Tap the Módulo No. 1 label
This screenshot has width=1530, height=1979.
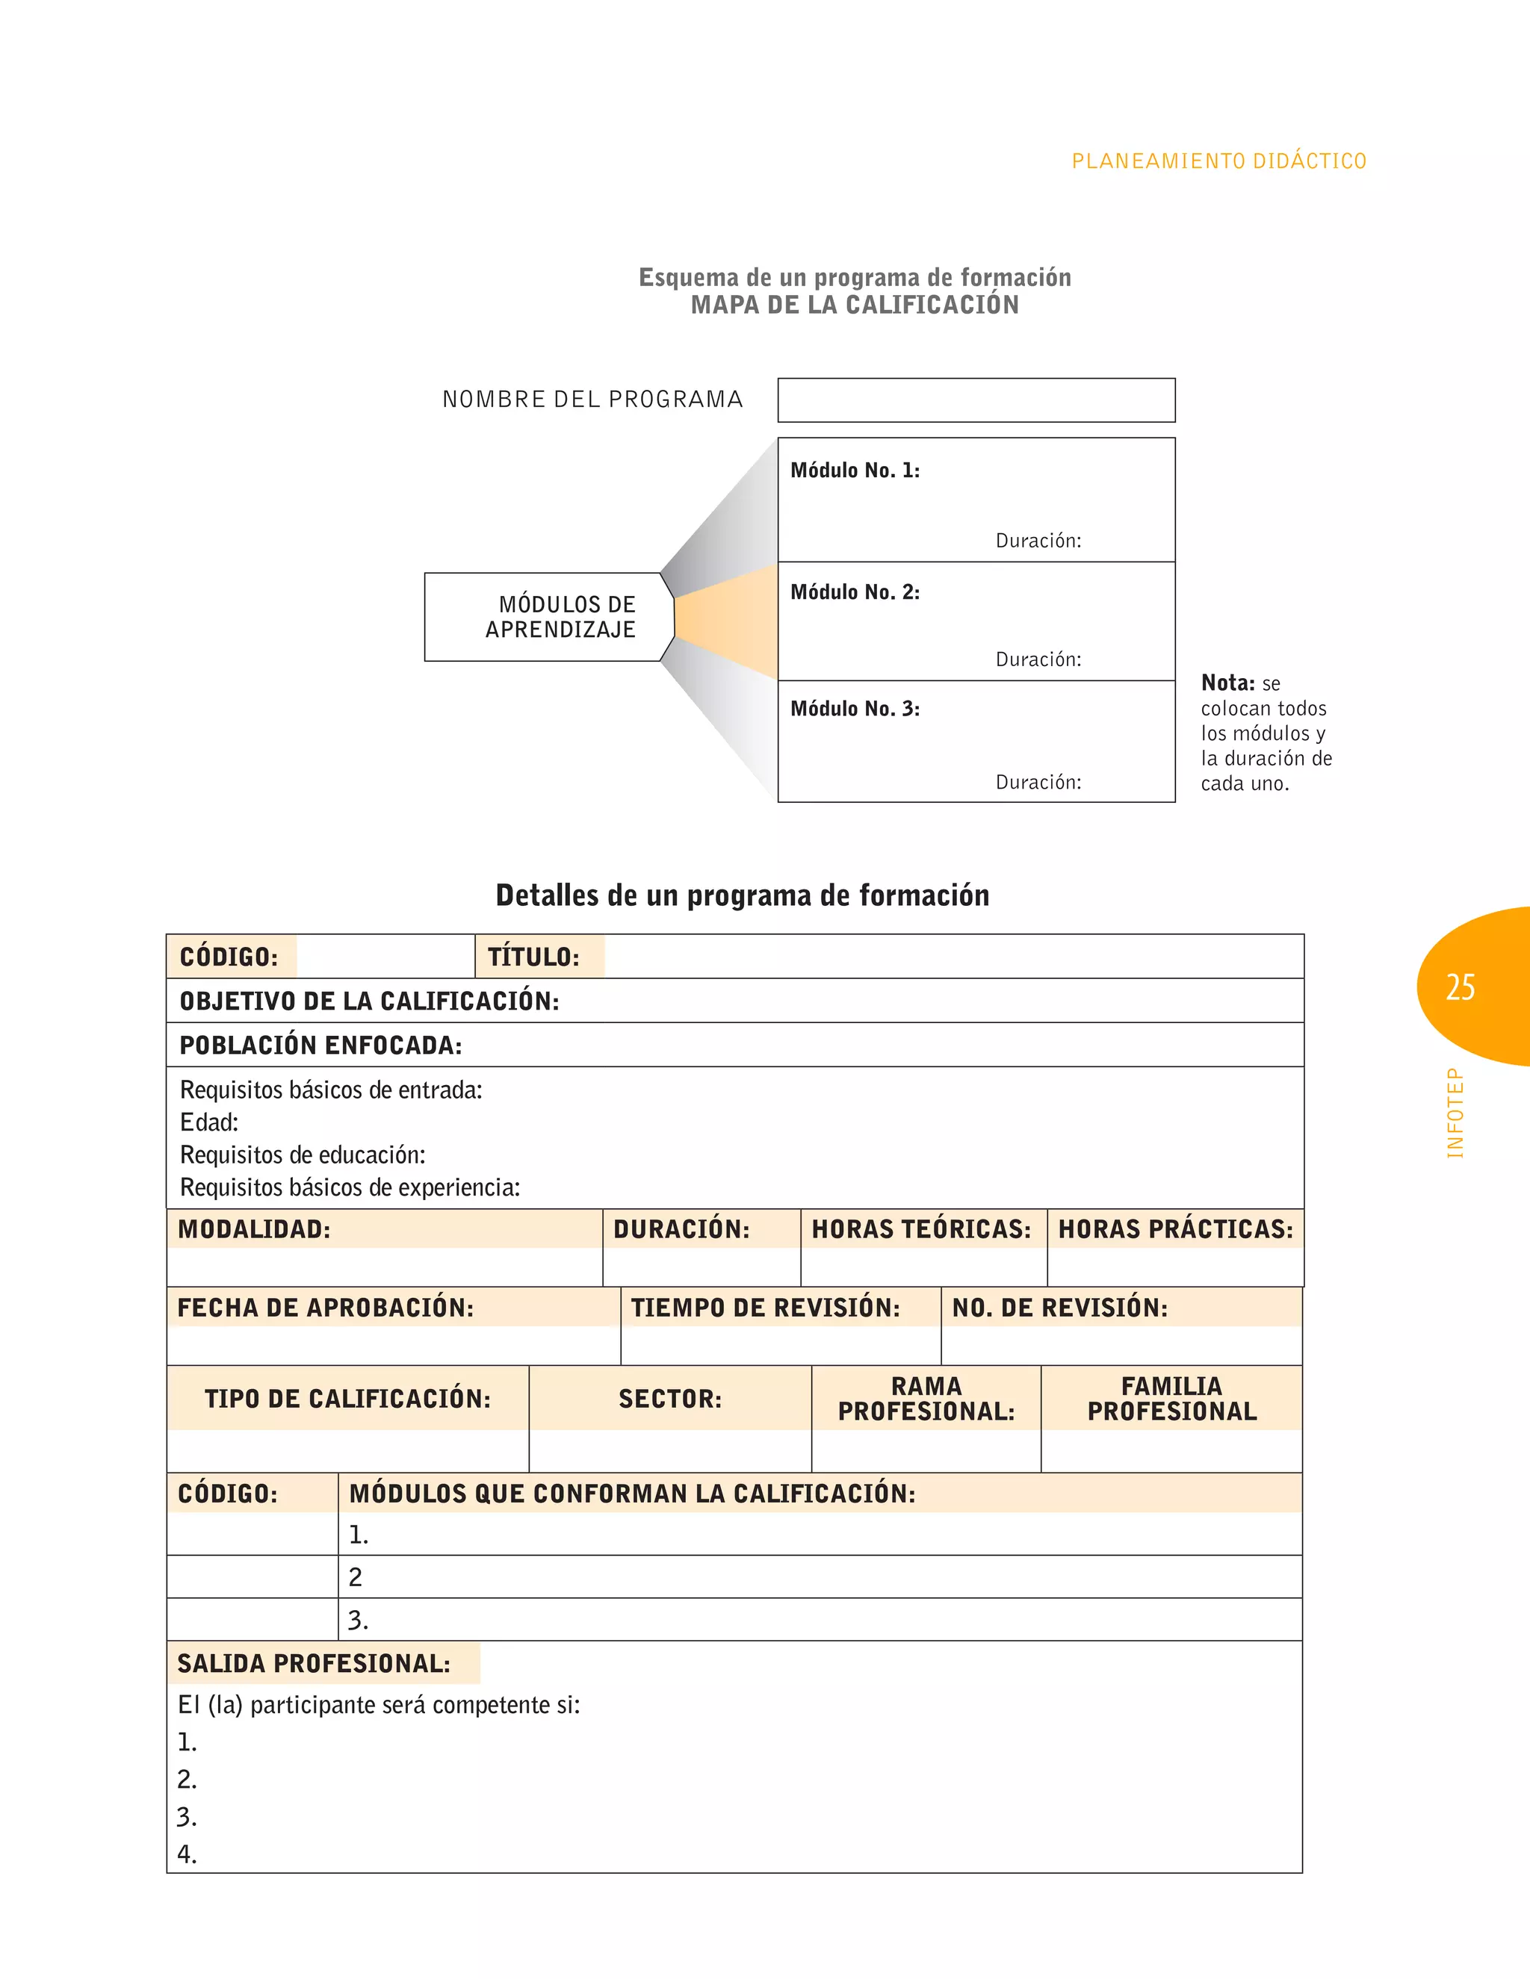tap(854, 470)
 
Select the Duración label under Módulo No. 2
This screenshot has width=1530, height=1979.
tap(1038, 659)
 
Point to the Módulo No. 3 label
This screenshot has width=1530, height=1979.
tap(854, 709)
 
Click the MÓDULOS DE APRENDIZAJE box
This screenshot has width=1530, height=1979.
tap(549, 617)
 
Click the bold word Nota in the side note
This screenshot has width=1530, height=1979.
tap(1227, 683)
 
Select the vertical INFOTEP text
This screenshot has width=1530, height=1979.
tap(1455, 1113)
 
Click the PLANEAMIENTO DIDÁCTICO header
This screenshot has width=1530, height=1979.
tap(1218, 161)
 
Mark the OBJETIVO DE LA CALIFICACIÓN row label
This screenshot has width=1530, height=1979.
tap(369, 1001)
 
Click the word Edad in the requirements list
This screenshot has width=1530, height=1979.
tap(208, 1122)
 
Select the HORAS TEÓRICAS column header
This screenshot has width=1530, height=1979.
tap(921, 1230)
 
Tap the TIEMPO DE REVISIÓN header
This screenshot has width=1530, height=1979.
tap(765, 1308)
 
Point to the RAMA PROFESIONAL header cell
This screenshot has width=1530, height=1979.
tap(926, 1398)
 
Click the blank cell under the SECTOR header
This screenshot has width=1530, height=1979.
tap(670, 1451)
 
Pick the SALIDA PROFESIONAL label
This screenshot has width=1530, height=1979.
tap(314, 1664)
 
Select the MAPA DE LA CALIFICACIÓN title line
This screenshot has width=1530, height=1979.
tap(854, 305)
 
